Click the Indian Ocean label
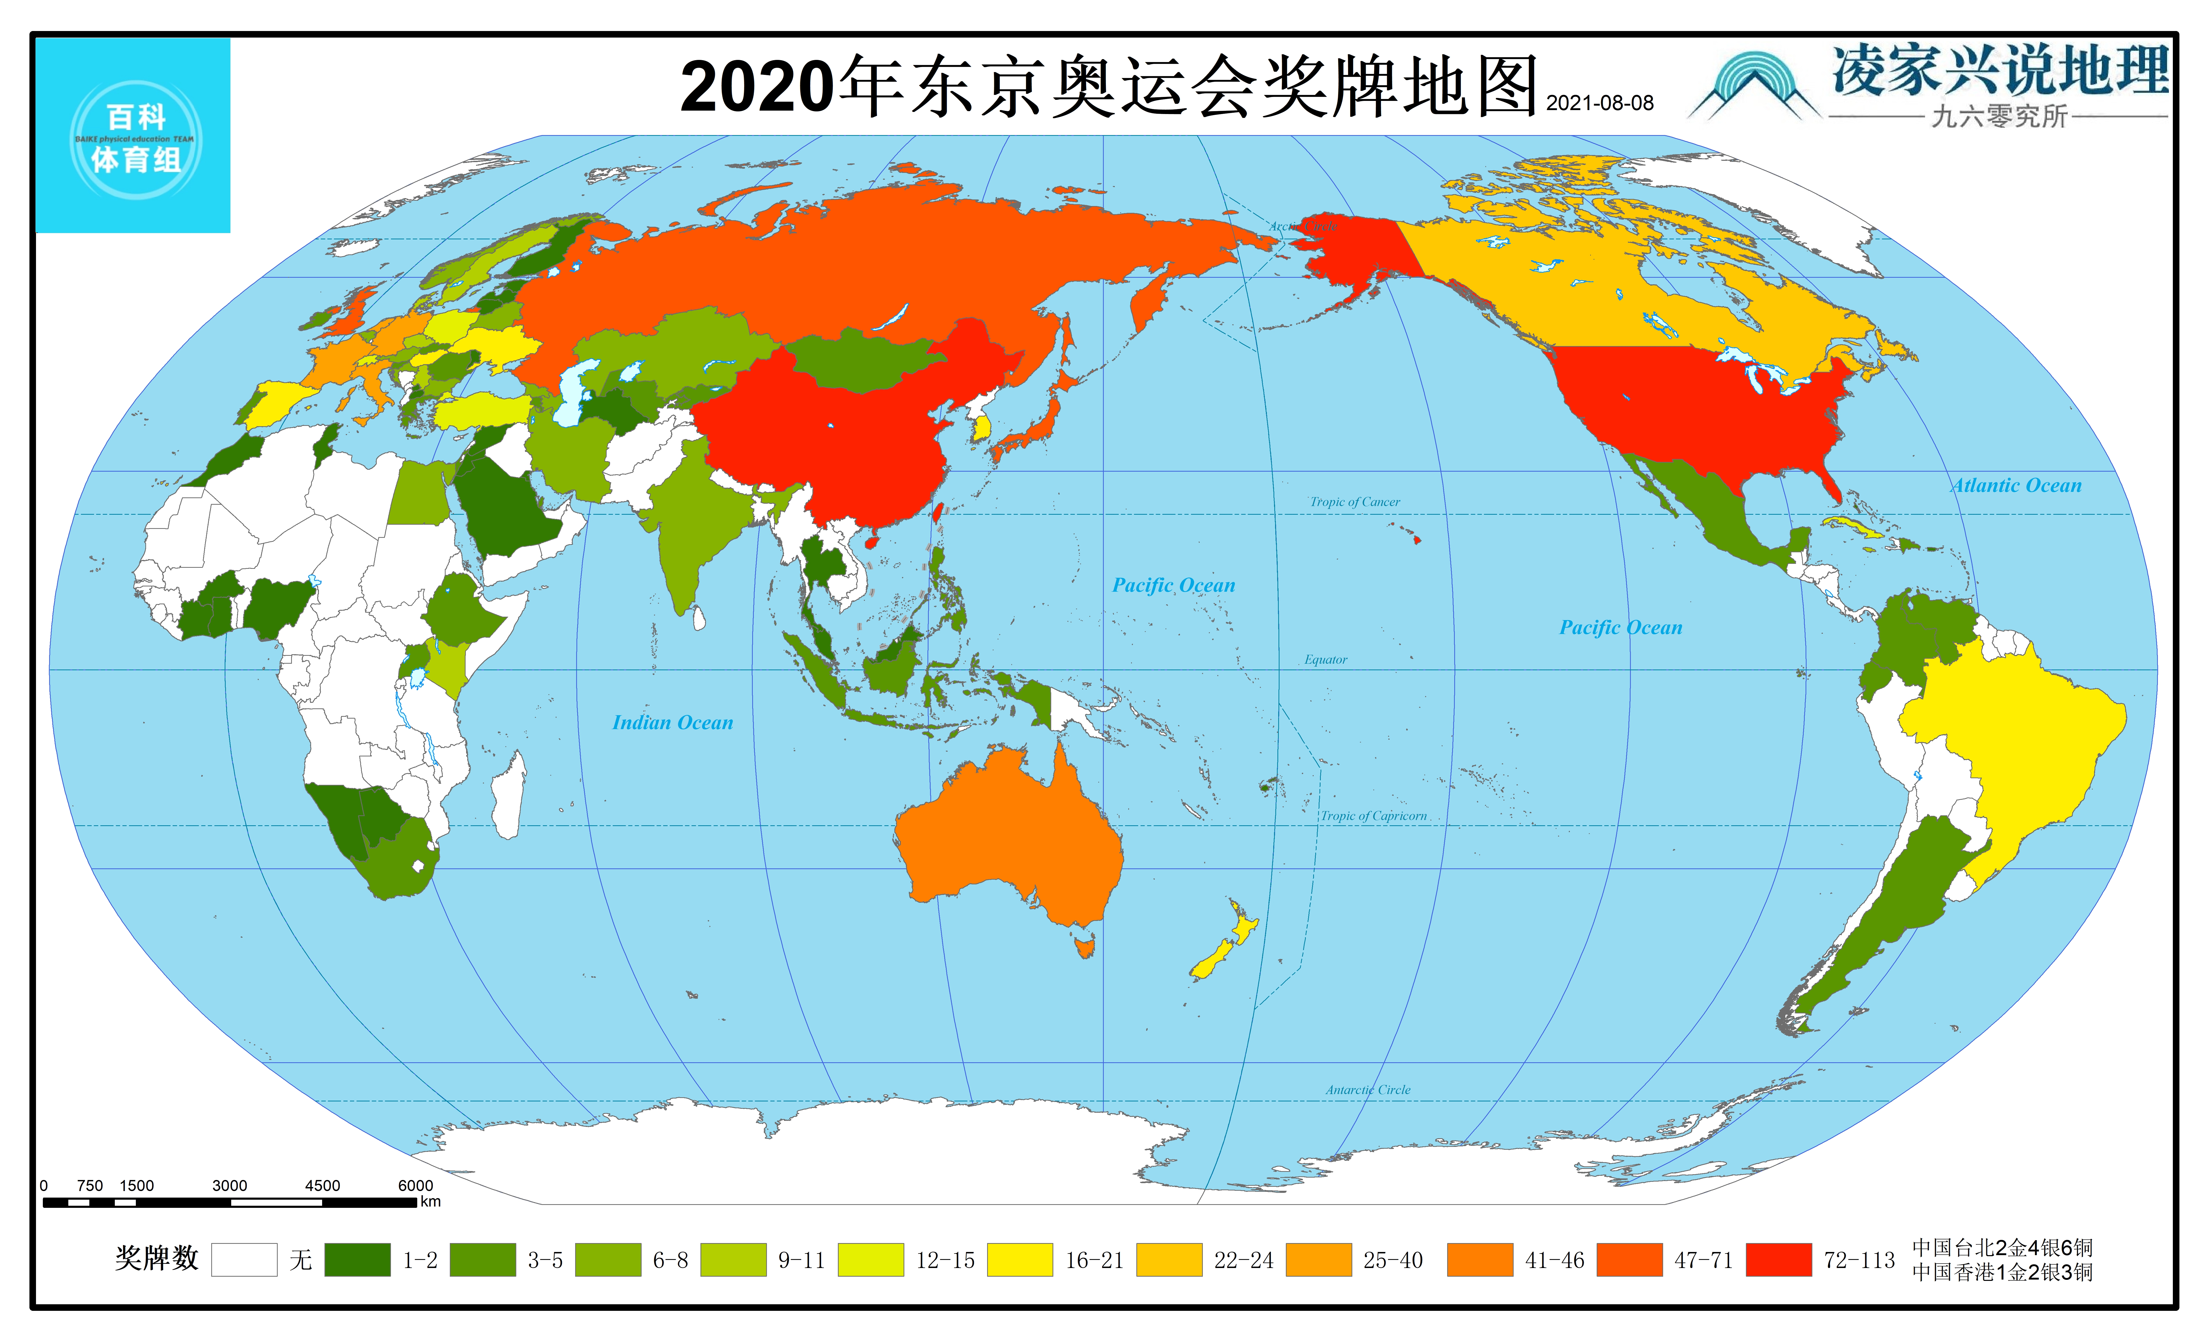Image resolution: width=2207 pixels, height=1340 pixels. tap(673, 723)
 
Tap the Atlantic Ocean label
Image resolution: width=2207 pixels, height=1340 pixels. tap(2016, 486)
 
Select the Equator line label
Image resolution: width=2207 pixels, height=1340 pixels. tap(1326, 659)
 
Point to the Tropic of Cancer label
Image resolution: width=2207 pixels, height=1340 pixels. tap(1354, 502)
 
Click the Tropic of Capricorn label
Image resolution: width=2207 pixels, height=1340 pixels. tap(1373, 816)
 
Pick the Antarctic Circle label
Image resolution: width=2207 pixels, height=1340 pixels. tap(1368, 1090)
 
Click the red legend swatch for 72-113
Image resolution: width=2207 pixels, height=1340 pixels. tap(1778, 1259)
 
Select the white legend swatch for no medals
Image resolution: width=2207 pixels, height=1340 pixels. tap(244, 1259)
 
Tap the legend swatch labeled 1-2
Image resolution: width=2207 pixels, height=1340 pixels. tap(357, 1259)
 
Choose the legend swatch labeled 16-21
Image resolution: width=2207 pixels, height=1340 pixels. tap(1019, 1259)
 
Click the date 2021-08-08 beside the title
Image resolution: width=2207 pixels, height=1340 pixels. tap(1600, 103)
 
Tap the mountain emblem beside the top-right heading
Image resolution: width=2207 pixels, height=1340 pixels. tap(1754, 87)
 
